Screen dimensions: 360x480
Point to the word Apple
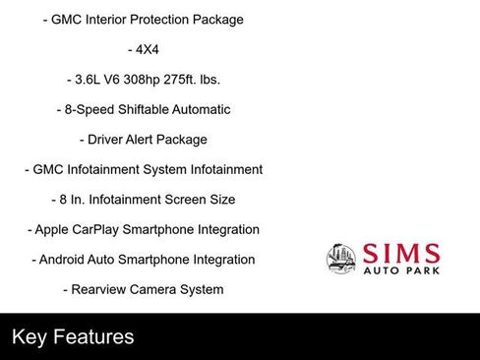(53, 230)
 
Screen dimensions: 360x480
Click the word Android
(64, 260)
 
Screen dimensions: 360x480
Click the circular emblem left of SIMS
(341, 259)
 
